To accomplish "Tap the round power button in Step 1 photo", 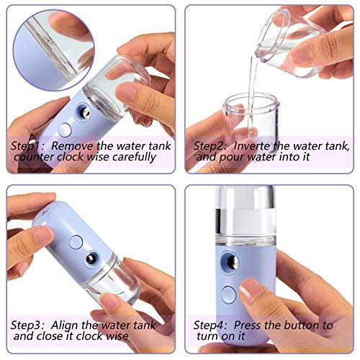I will (66, 130).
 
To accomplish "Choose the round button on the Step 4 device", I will (229, 294).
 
